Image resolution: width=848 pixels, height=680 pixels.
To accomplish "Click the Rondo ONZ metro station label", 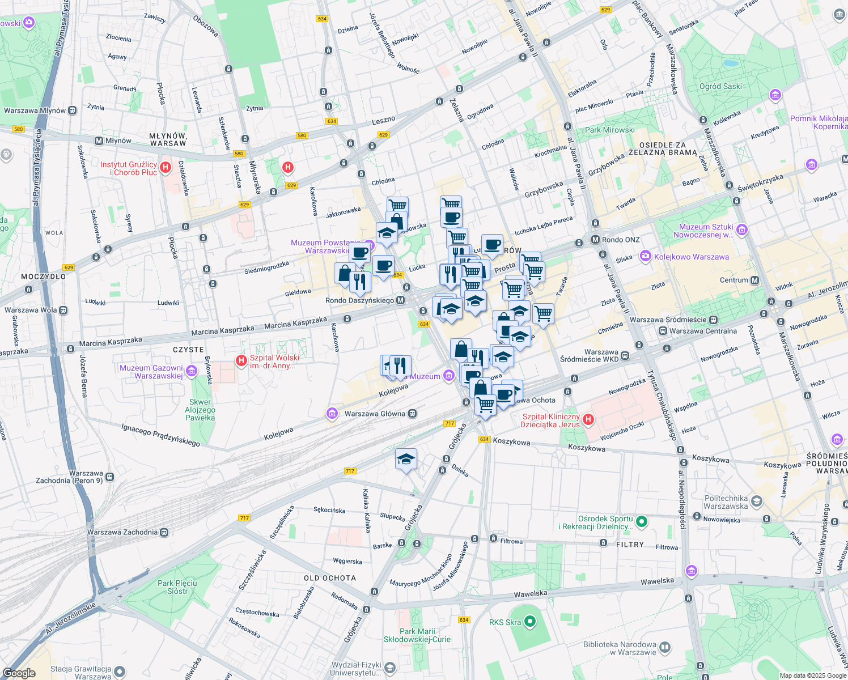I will click(x=620, y=240).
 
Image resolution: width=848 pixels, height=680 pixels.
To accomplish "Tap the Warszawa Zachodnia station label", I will click(x=122, y=532).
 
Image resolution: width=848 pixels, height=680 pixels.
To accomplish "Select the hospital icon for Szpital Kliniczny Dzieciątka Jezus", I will click(x=588, y=420).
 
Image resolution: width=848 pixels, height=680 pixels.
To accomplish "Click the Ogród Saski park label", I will click(x=720, y=87).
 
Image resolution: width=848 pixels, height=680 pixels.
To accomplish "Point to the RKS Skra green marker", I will click(x=530, y=622).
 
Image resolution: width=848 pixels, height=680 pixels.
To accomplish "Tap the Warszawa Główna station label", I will click(x=375, y=414).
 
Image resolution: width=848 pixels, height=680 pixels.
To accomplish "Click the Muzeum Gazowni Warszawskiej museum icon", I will click(x=192, y=372).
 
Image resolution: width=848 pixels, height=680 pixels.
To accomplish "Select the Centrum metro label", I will click(x=734, y=280).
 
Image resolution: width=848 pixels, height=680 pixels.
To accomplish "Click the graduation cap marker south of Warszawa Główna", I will click(x=406, y=460).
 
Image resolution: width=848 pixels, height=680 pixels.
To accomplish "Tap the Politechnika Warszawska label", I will click(x=726, y=503).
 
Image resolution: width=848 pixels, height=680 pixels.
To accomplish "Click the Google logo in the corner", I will click(x=19, y=673).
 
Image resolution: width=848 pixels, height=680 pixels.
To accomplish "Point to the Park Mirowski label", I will click(x=609, y=130).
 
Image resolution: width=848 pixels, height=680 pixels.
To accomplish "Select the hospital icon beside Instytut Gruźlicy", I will click(x=166, y=167).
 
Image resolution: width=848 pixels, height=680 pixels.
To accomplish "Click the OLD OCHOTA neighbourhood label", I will click(x=330, y=578).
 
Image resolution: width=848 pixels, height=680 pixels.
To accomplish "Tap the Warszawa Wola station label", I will click(x=31, y=310).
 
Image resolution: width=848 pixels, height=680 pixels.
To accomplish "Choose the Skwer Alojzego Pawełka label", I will click(x=200, y=410).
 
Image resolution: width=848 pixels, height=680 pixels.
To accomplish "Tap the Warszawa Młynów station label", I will click(x=35, y=110).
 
